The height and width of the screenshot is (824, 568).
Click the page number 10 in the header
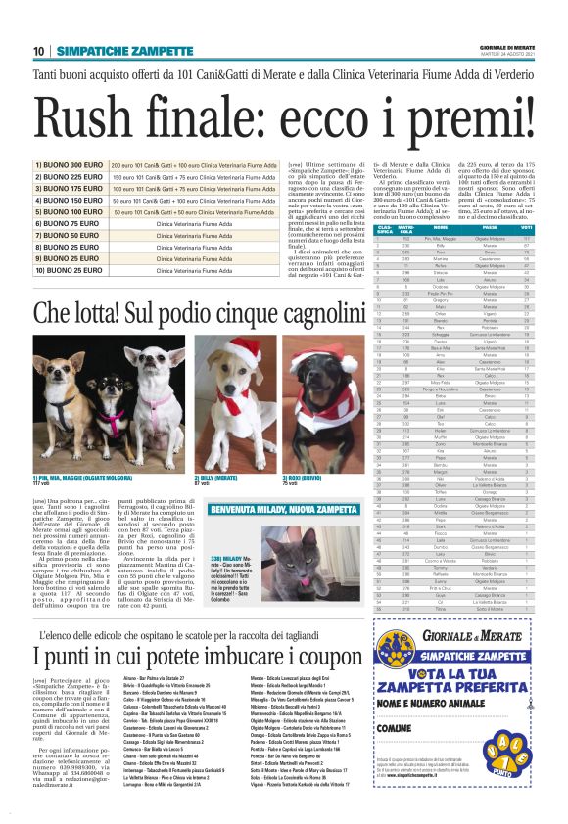point(39,51)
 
